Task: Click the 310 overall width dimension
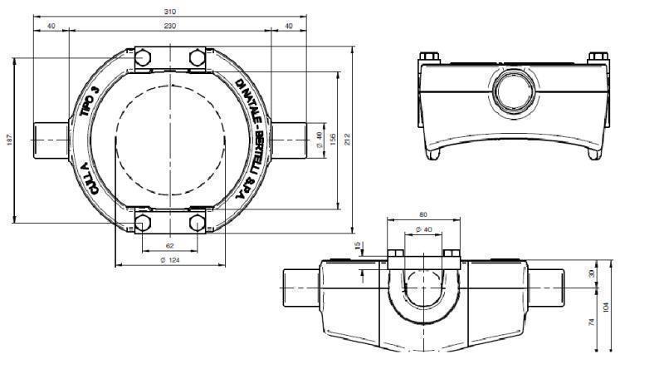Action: [x=172, y=12]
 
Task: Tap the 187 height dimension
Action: [x=8, y=141]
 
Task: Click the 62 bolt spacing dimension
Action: [x=169, y=247]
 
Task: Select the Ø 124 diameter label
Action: [x=169, y=261]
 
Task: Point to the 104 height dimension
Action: [x=614, y=306]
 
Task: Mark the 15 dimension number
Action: [x=358, y=245]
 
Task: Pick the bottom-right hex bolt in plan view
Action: [x=197, y=223]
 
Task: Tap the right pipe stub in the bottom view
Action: [x=548, y=288]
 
